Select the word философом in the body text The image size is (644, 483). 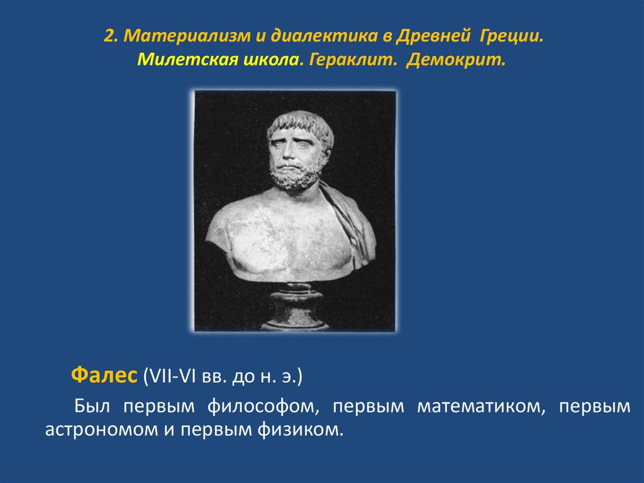click(264, 407)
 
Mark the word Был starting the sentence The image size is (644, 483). click(92, 407)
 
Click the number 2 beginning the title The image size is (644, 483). click(109, 36)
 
